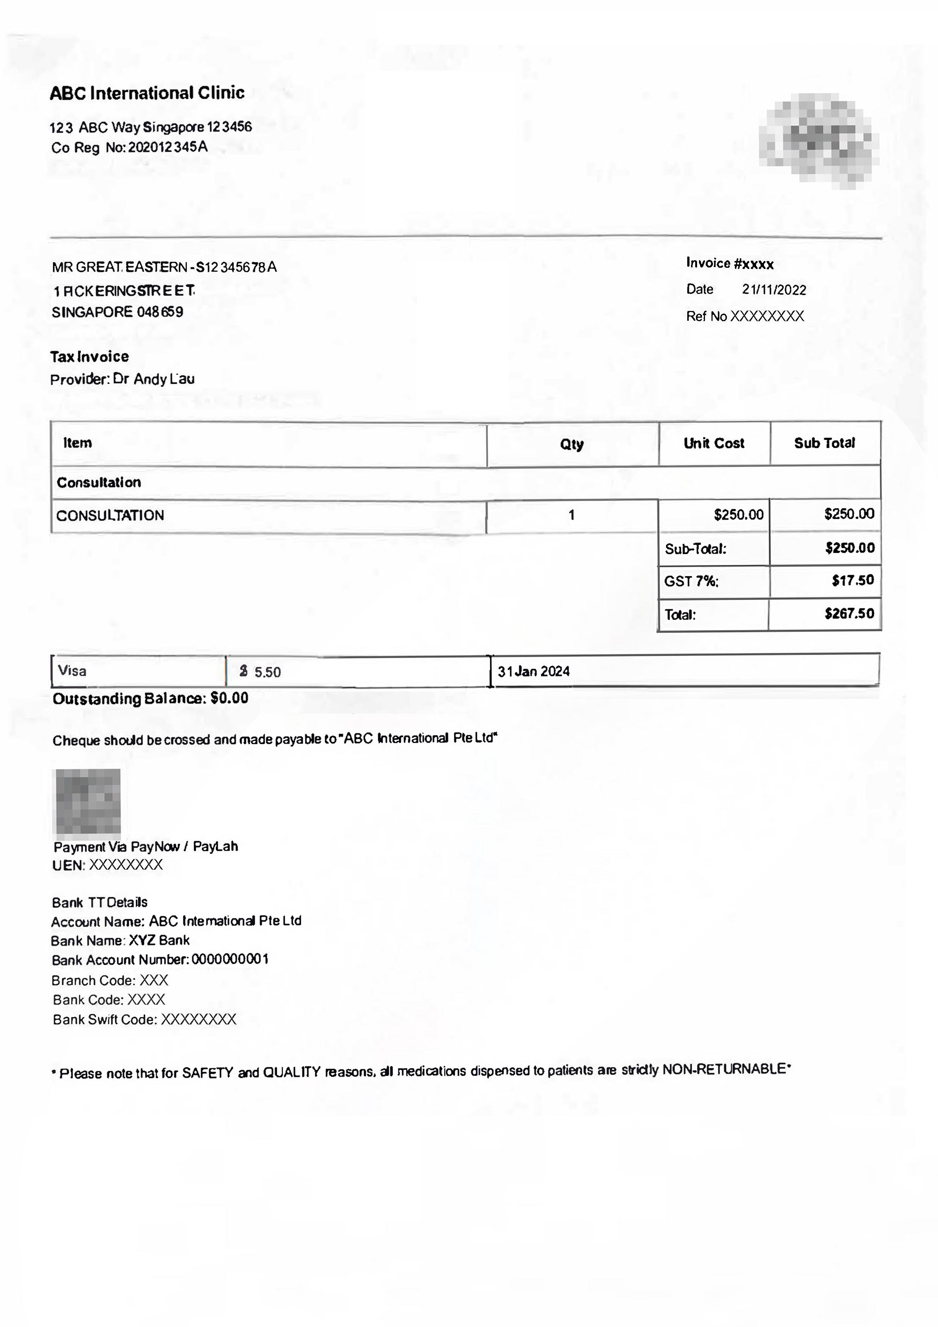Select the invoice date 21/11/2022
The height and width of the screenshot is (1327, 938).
(x=774, y=289)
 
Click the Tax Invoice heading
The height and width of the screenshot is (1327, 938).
(x=90, y=357)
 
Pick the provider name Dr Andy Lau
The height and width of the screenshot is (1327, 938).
(x=154, y=379)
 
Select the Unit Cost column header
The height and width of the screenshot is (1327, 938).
(x=714, y=443)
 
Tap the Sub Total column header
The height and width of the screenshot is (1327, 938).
(x=824, y=443)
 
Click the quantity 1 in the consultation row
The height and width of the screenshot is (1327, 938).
(x=571, y=515)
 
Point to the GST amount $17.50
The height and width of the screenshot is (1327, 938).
(x=853, y=580)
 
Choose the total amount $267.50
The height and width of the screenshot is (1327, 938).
(x=849, y=613)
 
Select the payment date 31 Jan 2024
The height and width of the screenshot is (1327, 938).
(x=533, y=671)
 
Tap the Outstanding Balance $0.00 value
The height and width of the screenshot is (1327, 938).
(x=230, y=698)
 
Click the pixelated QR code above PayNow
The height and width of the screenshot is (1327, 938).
(x=87, y=802)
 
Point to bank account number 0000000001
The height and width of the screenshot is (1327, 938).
(x=230, y=959)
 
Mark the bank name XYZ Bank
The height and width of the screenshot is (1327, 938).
(x=159, y=940)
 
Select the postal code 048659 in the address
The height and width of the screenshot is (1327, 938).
(x=160, y=312)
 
